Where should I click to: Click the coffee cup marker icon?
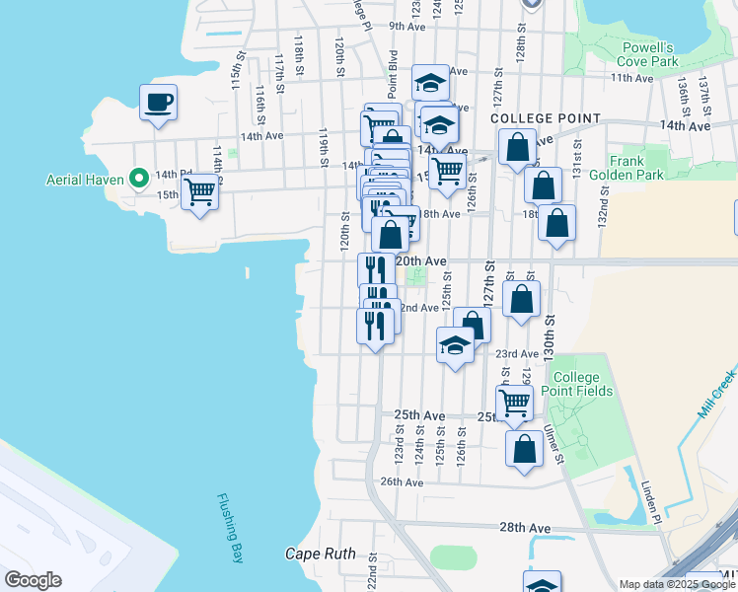(x=158, y=102)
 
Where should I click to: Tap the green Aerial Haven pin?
(x=139, y=179)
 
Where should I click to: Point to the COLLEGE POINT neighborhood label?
(x=546, y=118)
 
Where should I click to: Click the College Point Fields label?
(x=582, y=385)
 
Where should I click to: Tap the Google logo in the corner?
(x=33, y=580)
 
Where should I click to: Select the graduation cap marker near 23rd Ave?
(x=454, y=346)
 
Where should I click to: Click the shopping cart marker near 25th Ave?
(x=514, y=401)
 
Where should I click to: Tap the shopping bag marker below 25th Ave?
(x=524, y=447)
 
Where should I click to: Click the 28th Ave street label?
(x=525, y=528)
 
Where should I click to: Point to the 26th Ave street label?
(x=402, y=481)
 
